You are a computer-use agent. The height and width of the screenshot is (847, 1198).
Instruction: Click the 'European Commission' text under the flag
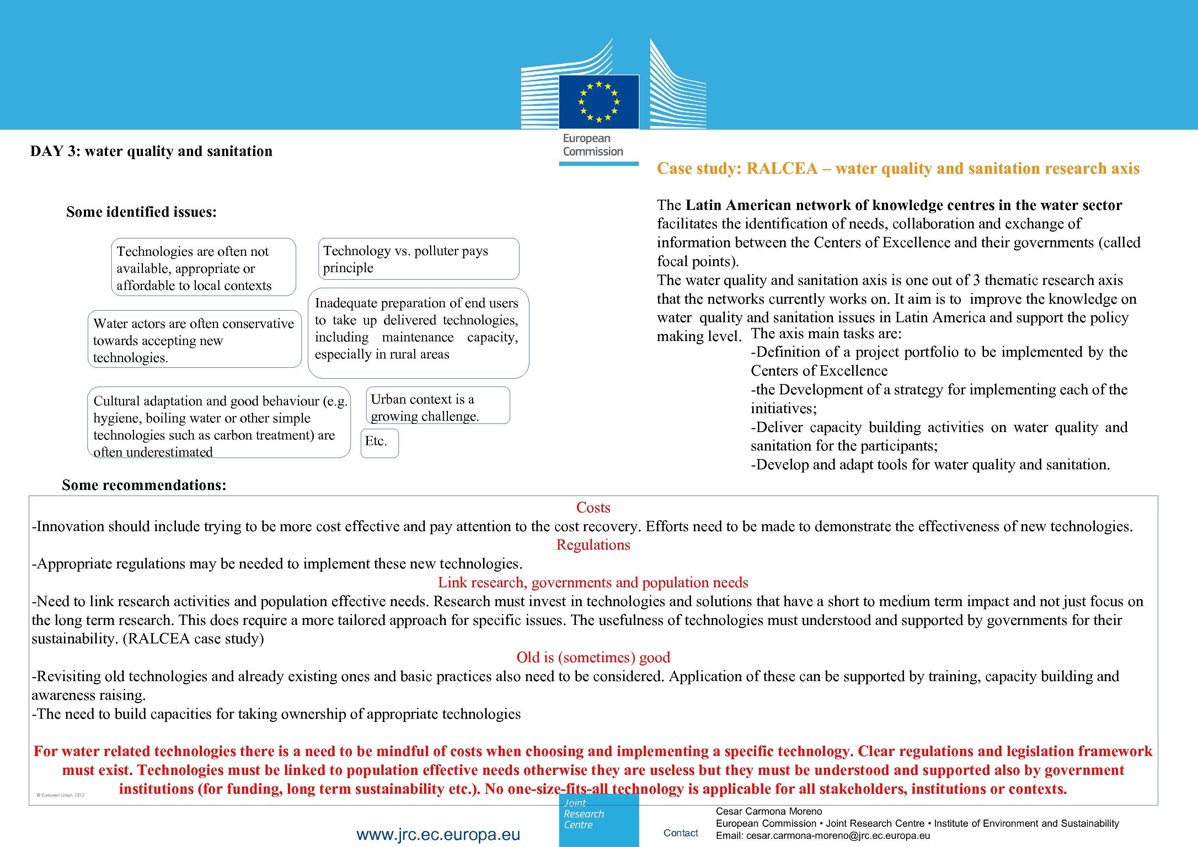[593, 145]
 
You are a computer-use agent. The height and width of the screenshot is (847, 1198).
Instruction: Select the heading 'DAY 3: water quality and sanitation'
[151, 151]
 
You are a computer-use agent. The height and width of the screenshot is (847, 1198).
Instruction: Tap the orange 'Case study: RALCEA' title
[898, 168]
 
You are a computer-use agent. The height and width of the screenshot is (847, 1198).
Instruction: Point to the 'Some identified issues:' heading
[141, 212]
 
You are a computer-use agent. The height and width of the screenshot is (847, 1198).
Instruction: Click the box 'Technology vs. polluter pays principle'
[418, 259]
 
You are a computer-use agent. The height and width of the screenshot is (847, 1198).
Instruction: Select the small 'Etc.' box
[379, 443]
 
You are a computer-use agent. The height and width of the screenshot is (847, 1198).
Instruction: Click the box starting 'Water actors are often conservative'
[194, 340]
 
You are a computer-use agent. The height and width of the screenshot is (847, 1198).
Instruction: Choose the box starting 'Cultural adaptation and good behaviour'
[219, 422]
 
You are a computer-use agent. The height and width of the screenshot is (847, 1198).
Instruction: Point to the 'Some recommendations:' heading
[144, 485]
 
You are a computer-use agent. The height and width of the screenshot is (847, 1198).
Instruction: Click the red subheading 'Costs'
[593, 507]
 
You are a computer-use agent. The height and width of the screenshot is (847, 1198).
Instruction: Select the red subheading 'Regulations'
[593, 545]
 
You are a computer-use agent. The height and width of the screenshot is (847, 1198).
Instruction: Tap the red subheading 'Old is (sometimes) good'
[593, 658]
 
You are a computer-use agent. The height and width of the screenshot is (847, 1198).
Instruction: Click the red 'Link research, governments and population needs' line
[593, 583]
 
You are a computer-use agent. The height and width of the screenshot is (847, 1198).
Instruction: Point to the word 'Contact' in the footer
[680, 833]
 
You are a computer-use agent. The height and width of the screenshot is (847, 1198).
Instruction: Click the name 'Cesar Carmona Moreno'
[769, 811]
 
